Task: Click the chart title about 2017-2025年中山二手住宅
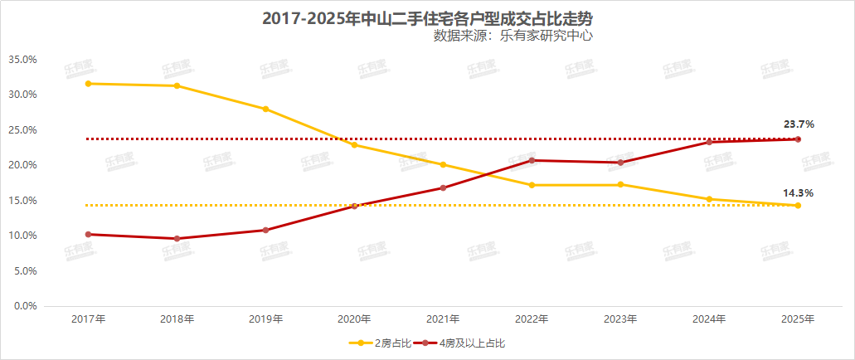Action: [x=427, y=18]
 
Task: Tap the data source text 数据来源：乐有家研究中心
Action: [x=513, y=36]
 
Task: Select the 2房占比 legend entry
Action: [x=381, y=342]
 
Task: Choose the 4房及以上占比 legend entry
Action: [x=469, y=342]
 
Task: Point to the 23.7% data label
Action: [x=799, y=124]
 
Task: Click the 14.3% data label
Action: [x=799, y=193]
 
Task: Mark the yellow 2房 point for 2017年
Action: [x=88, y=84]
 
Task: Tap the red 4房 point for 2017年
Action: [x=88, y=234]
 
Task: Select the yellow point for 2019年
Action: [x=265, y=109]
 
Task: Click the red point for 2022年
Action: [x=532, y=160]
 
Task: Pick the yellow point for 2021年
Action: [x=443, y=164]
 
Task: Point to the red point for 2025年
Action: [x=798, y=139]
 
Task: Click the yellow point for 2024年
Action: [x=709, y=199]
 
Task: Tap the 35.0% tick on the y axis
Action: [x=22, y=60]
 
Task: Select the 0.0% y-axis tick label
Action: [x=25, y=306]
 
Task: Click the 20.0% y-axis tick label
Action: [x=22, y=165]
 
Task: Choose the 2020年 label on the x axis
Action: [x=354, y=319]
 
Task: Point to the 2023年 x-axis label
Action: [x=620, y=319]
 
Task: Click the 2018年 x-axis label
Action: [x=177, y=319]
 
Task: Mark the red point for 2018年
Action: [x=177, y=239]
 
